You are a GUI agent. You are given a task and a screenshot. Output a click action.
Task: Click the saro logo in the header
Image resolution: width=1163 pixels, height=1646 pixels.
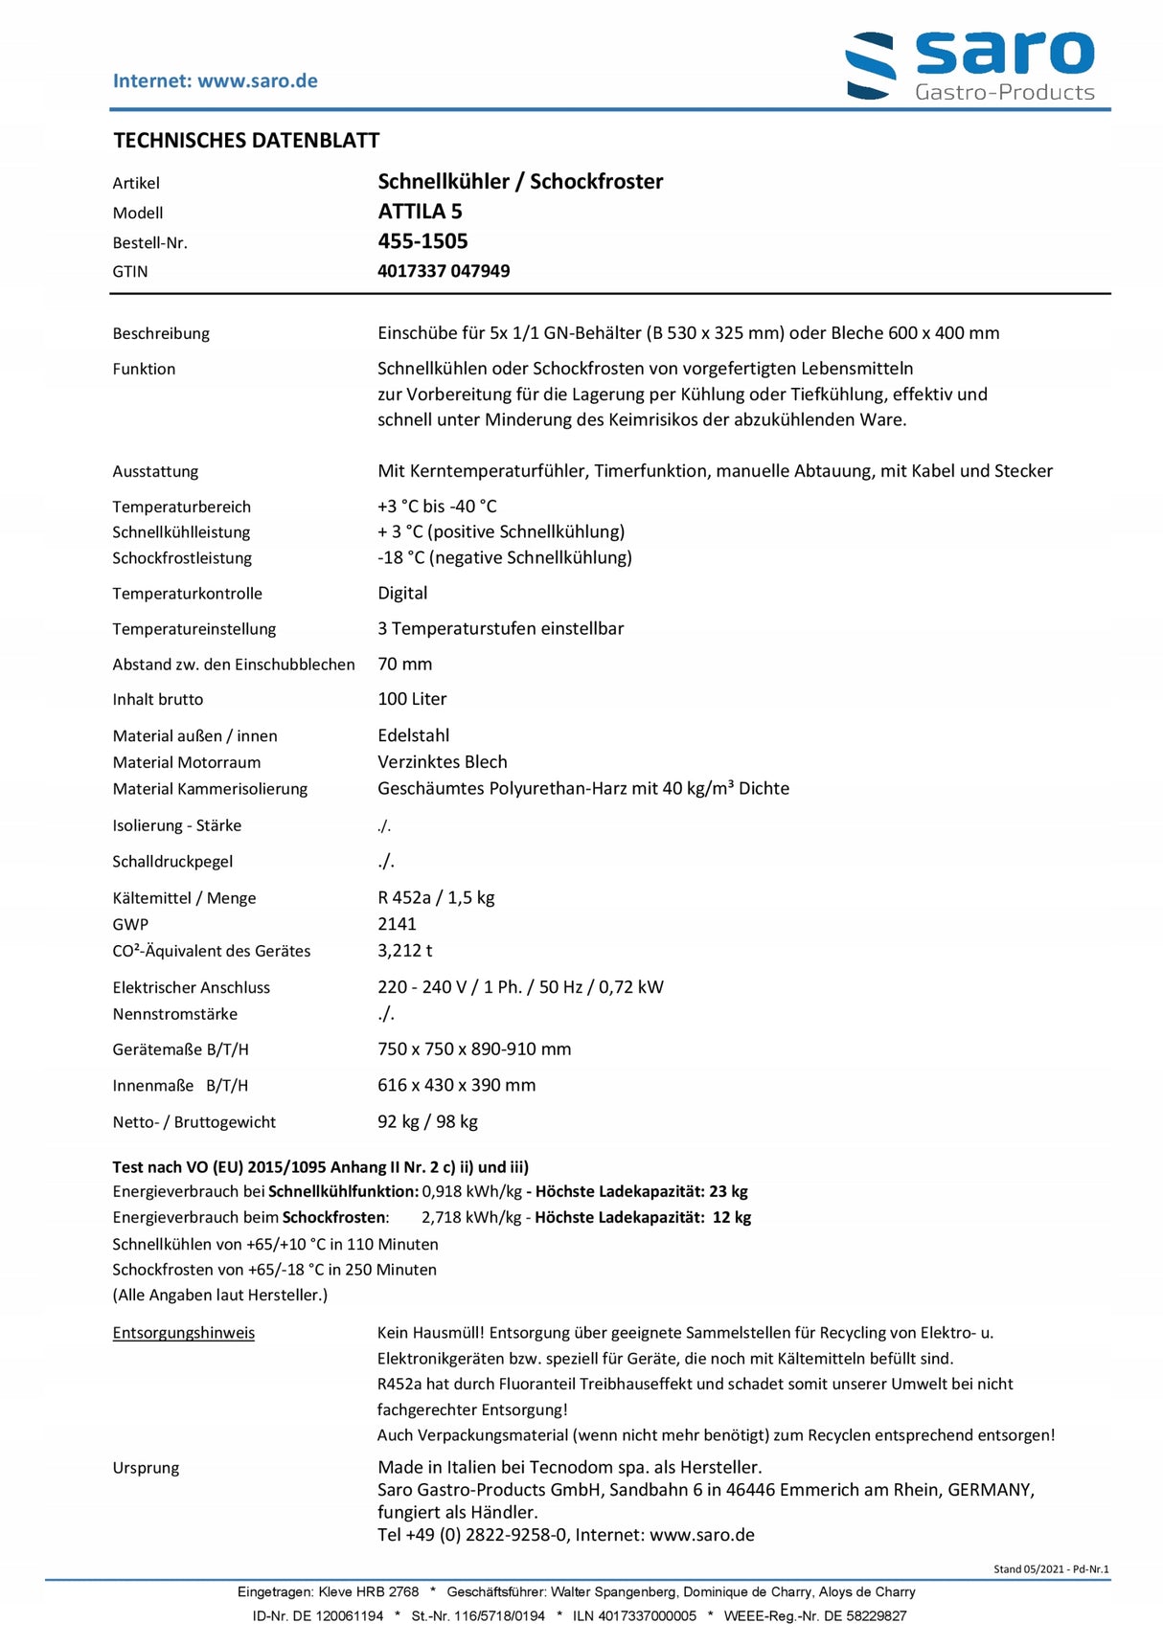pos(969,65)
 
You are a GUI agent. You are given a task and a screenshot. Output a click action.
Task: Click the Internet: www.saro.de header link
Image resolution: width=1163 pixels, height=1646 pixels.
pos(215,81)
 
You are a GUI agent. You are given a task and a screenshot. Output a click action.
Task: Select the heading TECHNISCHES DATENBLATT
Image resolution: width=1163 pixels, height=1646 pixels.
pos(246,141)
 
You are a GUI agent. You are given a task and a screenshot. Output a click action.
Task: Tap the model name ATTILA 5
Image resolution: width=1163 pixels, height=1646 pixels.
pos(420,212)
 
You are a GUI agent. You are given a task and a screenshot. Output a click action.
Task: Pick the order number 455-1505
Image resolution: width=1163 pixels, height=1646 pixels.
pos(422,241)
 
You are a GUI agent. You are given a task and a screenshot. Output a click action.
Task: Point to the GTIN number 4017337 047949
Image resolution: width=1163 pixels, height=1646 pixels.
pos(444,271)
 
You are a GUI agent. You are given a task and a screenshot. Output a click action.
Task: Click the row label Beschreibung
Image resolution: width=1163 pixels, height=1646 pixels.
pos(161,333)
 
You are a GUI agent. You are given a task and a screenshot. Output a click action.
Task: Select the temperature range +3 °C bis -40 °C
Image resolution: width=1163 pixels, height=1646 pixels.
pos(437,507)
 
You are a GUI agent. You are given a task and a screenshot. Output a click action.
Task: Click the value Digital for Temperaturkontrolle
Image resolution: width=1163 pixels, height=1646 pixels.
pos(402,594)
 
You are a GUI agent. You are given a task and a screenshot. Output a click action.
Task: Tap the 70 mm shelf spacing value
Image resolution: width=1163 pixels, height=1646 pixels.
pos(404,665)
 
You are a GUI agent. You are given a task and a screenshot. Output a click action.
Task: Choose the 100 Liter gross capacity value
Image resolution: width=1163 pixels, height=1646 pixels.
pos(412,699)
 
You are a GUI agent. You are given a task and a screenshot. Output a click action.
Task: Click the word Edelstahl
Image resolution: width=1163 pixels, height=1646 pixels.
pos(413,735)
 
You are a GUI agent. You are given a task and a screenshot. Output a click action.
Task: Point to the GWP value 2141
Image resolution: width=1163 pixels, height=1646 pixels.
pos(397,924)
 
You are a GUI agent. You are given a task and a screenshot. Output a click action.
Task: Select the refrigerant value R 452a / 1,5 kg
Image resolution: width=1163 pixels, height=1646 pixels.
pos(436,898)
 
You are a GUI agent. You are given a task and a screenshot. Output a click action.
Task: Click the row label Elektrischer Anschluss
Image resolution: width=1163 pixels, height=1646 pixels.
pos(191,987)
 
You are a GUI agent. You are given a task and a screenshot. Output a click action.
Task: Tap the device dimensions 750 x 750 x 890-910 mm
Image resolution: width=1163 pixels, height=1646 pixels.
pos(474,1049)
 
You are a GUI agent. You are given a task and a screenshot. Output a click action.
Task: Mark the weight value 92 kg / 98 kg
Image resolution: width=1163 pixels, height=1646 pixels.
pos(427,1121)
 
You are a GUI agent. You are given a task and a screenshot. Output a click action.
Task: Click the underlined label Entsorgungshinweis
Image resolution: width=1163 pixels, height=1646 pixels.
pos(183,1333)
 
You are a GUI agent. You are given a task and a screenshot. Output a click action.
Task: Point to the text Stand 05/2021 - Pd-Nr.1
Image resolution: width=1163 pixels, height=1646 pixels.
pos(1051,1568)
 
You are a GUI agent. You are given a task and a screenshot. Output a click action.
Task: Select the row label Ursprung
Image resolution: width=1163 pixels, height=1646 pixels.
pos(146,1468)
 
